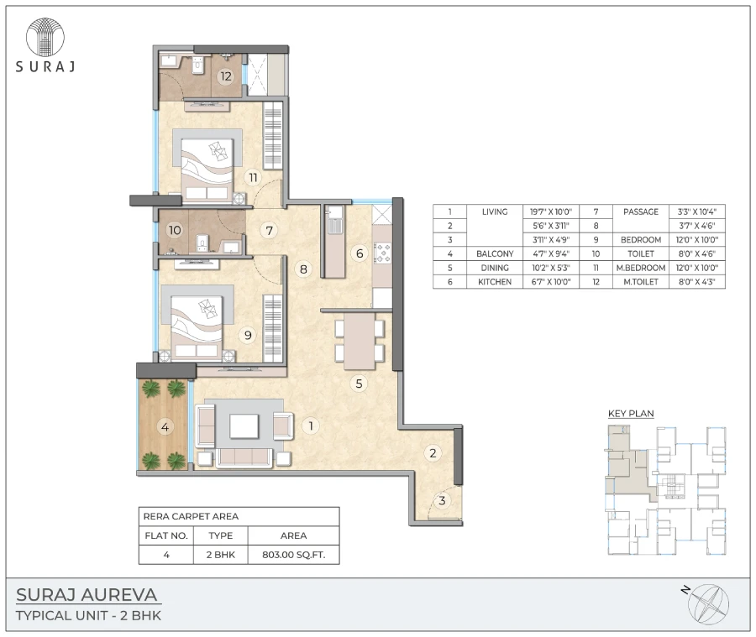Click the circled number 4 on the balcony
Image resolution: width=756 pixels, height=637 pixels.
point(165,427)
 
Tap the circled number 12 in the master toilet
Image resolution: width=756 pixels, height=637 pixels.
point(225,76)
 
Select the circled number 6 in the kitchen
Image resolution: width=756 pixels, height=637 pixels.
point(359,253)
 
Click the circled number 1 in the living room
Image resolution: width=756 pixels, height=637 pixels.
point(311,426)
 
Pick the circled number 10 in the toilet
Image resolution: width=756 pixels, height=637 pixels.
point(175,229)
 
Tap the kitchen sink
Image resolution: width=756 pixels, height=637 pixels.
point(333,223)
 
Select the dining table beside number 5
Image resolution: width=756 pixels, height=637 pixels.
point(359,340)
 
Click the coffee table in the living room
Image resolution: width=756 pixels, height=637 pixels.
point(244,426)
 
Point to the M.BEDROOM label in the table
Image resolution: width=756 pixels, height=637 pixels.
point(641,268)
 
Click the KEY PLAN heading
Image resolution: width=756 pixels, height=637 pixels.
point(631,413)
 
